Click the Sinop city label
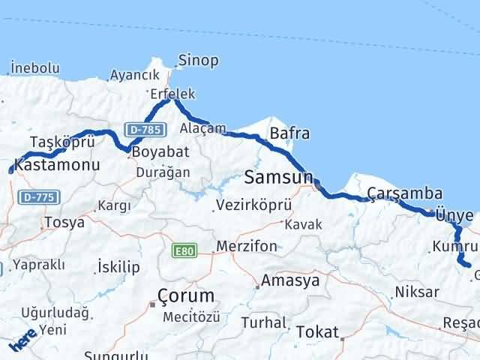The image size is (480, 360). point(198,61)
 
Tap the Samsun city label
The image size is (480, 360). point(277,178)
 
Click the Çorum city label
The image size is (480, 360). point(186,294)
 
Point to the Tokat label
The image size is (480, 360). point(317,331)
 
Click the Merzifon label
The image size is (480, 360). point(246,246)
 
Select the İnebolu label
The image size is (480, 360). point(34,68)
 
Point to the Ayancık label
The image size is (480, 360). point(135,75)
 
